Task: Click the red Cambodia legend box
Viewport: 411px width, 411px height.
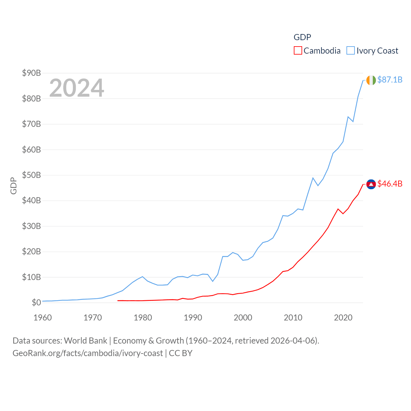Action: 298,51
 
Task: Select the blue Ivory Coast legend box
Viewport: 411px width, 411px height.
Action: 351,51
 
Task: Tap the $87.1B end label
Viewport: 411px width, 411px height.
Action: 390,80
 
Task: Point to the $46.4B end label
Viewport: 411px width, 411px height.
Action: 390,184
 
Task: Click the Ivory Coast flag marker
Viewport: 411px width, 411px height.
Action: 371,80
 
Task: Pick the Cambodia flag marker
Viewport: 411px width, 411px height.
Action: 371,184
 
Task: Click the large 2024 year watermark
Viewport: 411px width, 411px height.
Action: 76,88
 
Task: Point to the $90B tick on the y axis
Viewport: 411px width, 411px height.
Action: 31,73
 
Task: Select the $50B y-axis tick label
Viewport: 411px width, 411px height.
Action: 31,175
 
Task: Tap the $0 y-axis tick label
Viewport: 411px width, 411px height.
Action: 36,302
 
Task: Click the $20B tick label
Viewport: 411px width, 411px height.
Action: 31,251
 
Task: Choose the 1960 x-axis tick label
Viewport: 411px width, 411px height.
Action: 43,318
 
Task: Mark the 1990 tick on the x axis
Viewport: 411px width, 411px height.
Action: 193,318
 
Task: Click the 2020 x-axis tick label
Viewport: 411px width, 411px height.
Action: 343,318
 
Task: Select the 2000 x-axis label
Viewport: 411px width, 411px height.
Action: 243,318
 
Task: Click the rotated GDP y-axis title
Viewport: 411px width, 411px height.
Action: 13,186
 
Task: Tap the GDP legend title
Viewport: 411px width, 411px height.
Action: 302,37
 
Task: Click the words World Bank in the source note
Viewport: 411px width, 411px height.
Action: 86,340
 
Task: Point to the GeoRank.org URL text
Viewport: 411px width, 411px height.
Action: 88,353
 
